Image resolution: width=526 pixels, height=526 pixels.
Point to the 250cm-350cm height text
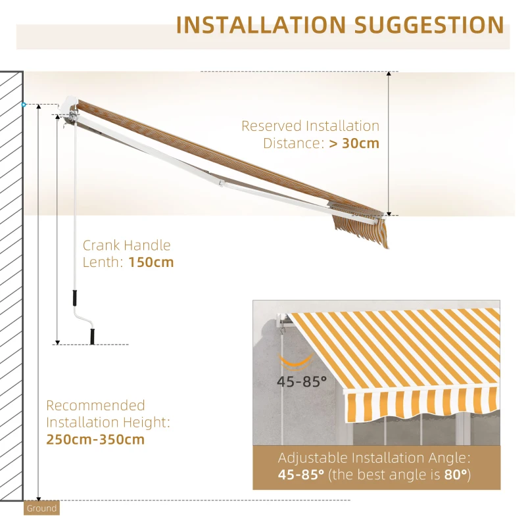95,439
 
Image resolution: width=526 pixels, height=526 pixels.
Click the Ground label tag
42,508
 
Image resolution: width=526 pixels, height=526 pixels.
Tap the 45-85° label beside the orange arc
301,382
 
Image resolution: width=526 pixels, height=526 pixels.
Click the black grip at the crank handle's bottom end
92,336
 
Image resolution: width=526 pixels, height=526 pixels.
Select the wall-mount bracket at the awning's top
70,110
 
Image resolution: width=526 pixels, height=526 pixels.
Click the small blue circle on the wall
24,104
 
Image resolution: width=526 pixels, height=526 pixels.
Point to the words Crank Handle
126,245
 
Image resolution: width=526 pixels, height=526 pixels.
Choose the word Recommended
95,405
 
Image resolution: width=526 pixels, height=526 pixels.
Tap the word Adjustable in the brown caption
317,458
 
